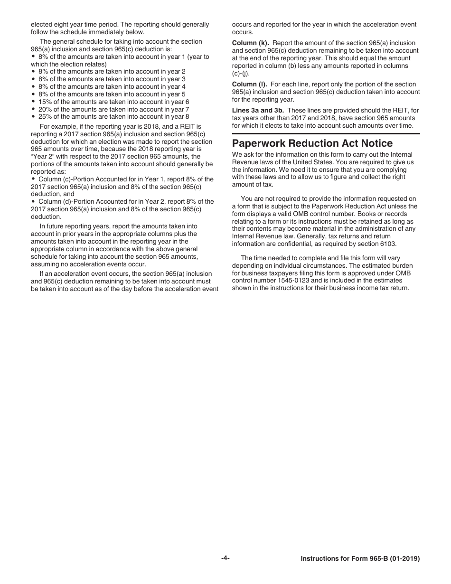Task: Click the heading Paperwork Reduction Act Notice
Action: coord(312,143)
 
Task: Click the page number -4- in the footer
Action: coord(225,558)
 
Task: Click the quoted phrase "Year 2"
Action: coord(42,157)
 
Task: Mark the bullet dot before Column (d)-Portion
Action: coord(33,201)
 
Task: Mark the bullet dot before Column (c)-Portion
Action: coord(33,179)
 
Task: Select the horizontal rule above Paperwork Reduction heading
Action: coord(326,134)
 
